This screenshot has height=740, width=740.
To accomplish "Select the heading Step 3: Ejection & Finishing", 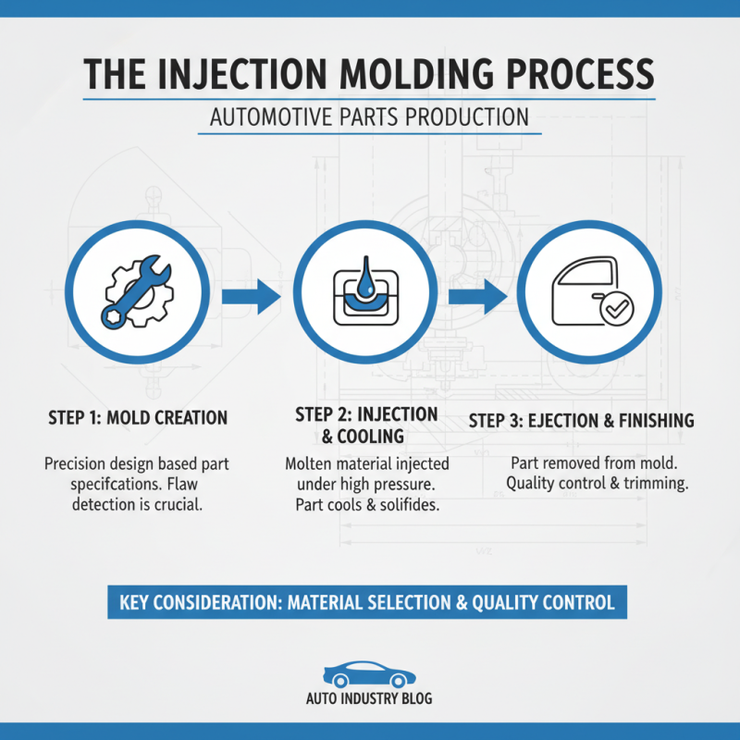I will pos(581,421).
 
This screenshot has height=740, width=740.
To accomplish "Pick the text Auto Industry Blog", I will pos(369,700).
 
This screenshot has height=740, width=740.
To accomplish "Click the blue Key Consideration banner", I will pos(367,602).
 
